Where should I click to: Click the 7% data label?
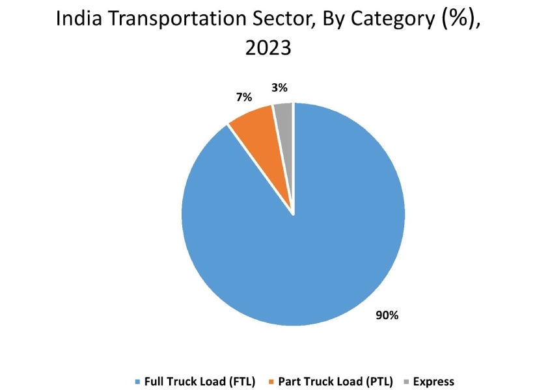(243, 97)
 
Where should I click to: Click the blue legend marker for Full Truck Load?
(137, 381)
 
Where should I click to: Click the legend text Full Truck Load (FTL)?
(199, 381)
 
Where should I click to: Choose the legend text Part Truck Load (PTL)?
(334, 381)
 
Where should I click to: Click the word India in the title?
(76, 19)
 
